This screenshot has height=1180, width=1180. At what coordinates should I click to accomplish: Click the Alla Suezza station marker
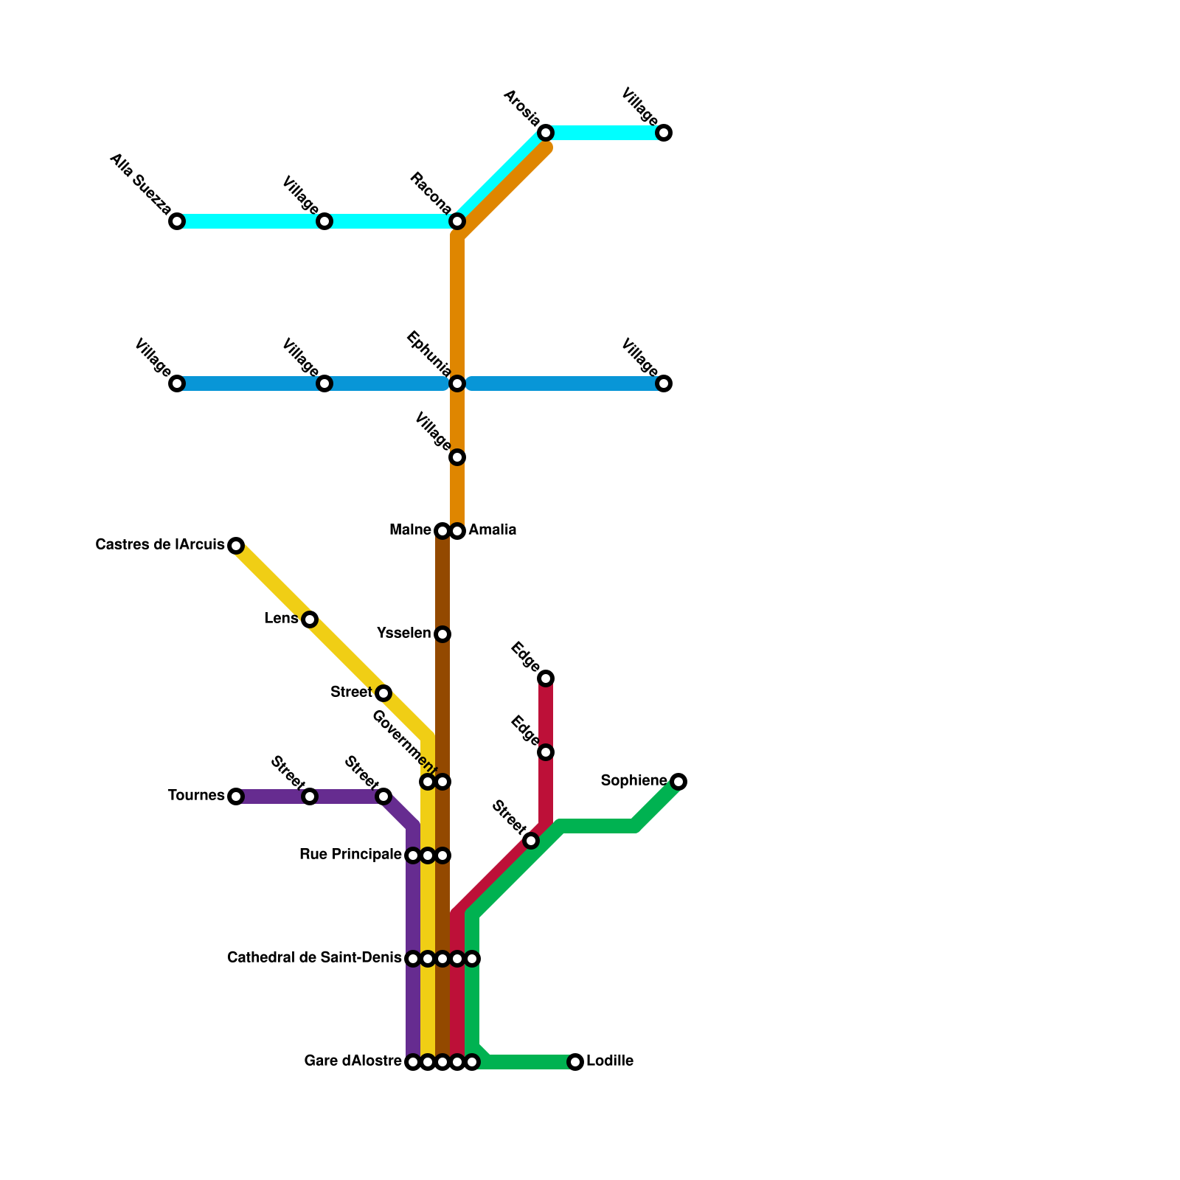point(177,221)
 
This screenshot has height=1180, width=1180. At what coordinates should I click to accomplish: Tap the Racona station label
point(431,192)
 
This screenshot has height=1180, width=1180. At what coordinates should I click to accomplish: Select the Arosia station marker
point(546,133)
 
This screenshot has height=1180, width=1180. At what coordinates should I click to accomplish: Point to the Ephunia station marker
point(457,383)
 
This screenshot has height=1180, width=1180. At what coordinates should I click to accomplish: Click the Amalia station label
point(492,530)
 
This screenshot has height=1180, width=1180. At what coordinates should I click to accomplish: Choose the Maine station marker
point(442,531)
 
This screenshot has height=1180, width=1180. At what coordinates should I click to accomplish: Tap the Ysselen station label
point(403,634)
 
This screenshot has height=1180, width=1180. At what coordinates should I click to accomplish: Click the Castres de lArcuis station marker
point(236,546)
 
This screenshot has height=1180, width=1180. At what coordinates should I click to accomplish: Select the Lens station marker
point(310,619)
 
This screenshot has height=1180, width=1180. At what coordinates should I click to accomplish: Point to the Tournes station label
point(195,796)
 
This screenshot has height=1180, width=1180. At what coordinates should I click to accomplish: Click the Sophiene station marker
point(678,782)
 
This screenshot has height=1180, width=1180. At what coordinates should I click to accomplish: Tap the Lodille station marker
point(575,1062)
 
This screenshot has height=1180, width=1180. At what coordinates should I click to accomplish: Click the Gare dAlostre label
point(353,1062)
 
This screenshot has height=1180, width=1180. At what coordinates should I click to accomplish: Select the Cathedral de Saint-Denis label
point(314,959)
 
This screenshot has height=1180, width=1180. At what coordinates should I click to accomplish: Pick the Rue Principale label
point(350,855)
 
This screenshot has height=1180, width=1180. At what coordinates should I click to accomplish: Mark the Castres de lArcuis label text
point(160,546)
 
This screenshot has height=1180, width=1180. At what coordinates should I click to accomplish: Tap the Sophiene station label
point(634,781)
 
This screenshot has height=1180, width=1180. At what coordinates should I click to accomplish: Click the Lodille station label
point(610,1062)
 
